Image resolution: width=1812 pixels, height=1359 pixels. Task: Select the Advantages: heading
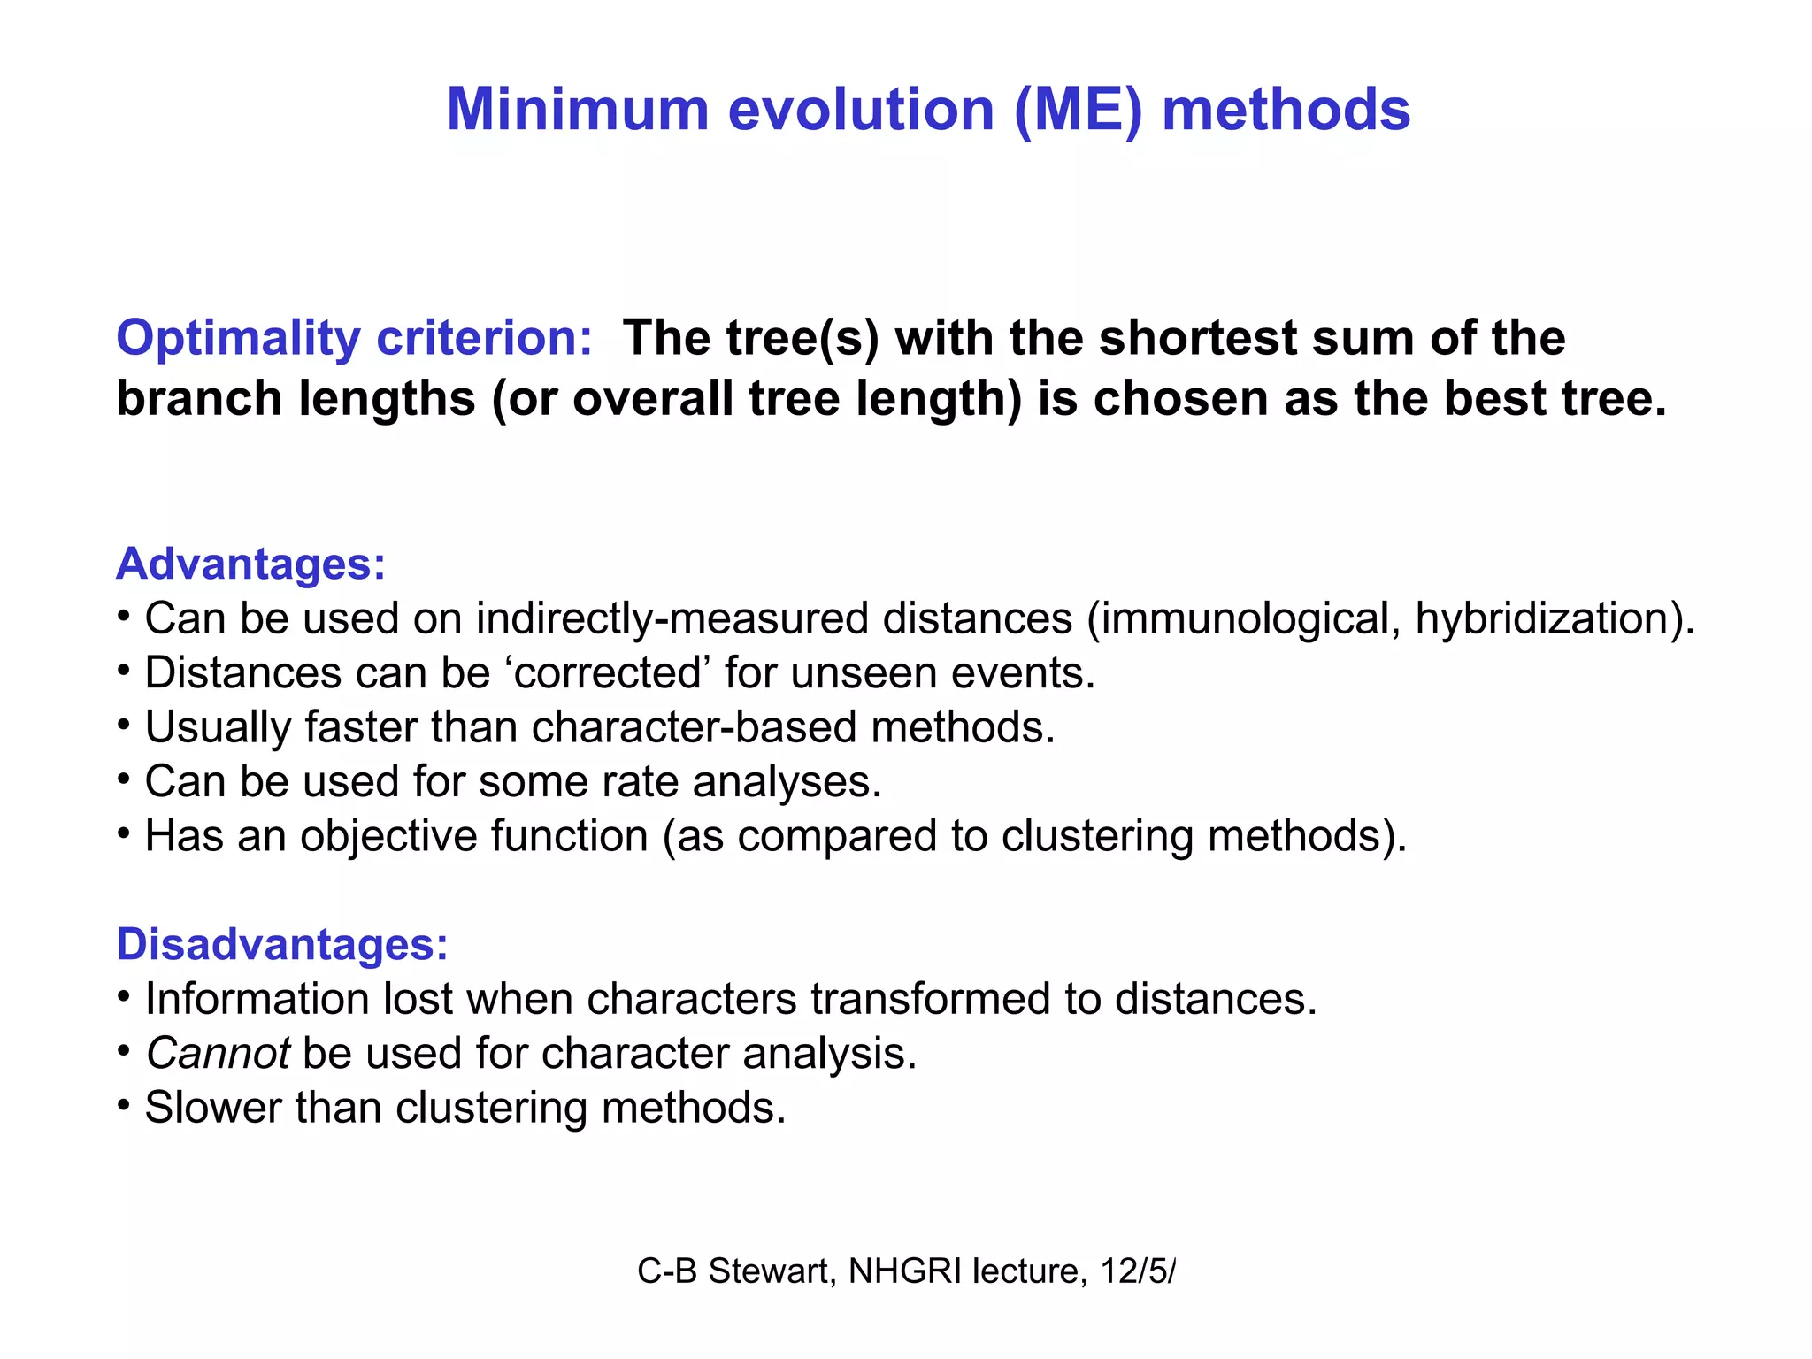[x=250, y=564]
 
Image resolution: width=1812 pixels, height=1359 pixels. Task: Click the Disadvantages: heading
[x=282, y=944]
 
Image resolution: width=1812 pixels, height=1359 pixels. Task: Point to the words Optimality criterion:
[x=354, y=338]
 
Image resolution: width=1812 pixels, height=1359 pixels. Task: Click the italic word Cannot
[x=218, y=1053]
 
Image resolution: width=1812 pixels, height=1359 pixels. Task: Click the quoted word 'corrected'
[x=608, y=672]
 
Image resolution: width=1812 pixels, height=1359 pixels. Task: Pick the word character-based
[x=694, y=727]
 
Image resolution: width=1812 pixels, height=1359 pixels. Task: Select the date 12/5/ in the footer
[x=1138, y=1271]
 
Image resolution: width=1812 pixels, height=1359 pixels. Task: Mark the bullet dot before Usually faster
[x=125, y=726]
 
